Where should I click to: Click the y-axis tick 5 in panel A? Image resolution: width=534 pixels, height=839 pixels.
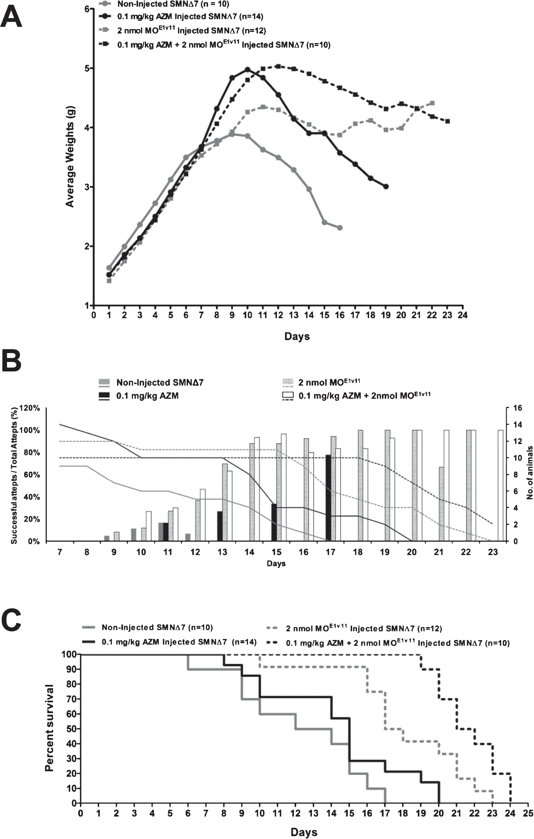click(87, 68)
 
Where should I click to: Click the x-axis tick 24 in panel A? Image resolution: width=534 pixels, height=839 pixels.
click(462, 315)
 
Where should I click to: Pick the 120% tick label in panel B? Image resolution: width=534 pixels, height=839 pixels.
click(30, 408)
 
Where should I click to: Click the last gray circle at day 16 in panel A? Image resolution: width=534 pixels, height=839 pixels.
click(340, 228)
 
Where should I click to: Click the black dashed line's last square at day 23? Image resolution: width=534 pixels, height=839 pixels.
click(448, 121)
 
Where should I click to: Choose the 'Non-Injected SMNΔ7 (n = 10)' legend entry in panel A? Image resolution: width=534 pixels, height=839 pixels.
click(165, 4)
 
